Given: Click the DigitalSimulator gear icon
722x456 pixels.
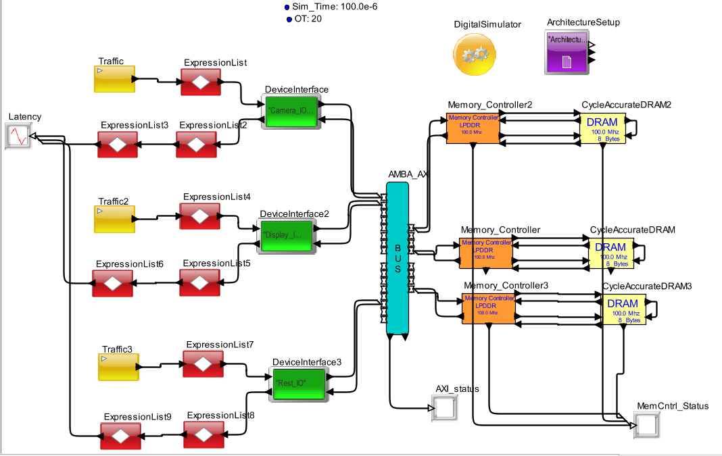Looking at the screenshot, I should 474,53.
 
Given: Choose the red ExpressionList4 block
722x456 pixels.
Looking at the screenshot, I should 199,216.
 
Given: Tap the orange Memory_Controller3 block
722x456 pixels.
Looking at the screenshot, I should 489,309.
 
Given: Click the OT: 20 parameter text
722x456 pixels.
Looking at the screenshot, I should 307,19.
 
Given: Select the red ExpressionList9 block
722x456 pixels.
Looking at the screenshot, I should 120,436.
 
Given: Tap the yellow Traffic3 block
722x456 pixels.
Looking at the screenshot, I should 118,365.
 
